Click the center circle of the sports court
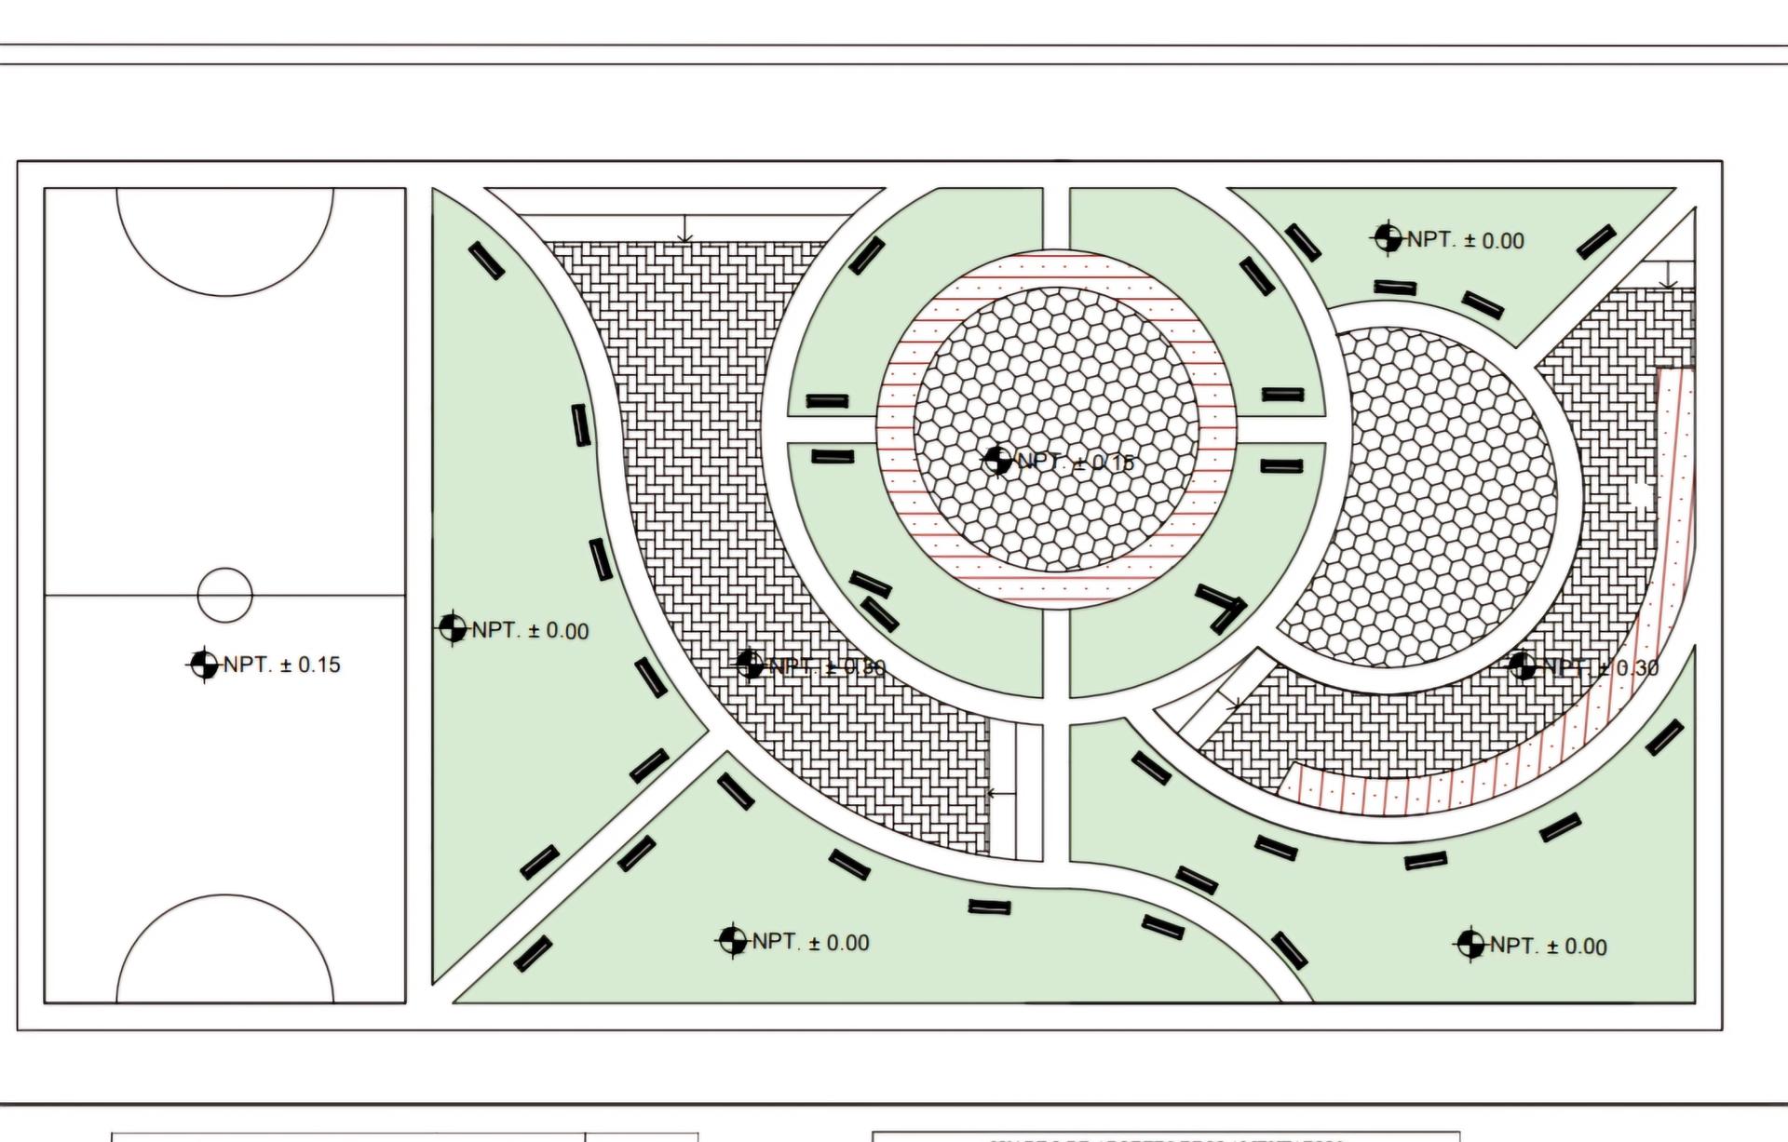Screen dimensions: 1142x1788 pos(224,595)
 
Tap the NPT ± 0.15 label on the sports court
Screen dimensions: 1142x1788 pos(282,665)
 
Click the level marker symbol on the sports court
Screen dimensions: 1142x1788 pos(203,665)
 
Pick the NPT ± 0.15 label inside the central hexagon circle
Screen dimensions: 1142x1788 pos(1075,462)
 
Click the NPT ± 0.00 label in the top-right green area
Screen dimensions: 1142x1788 pos(1465,240)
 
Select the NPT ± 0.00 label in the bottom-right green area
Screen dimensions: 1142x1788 pos(1548,947)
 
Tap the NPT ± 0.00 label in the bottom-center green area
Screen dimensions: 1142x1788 pos(810,943)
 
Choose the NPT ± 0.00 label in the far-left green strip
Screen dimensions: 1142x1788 pos(530,631)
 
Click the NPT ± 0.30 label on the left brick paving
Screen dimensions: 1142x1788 pos(827,667)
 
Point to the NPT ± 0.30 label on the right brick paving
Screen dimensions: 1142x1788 pos(1601,667)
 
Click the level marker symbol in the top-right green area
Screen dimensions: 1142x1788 pos(1388,238)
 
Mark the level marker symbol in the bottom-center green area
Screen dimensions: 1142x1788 pos(733,941)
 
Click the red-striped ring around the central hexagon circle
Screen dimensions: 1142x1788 pos(1056,269)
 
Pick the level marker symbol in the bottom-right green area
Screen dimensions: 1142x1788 pos(1470,945)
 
